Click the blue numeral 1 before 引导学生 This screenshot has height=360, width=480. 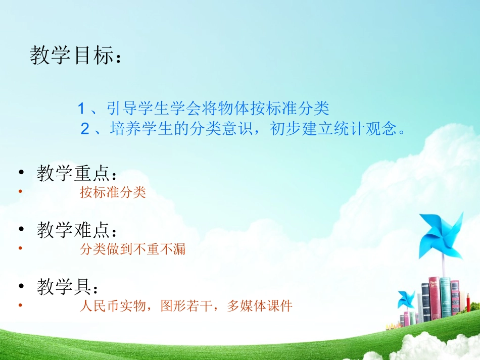click(81, 108)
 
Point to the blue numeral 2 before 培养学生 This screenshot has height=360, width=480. click(84, 129)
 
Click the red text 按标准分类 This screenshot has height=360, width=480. click(113, 192)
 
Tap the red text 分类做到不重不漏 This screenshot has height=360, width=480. click(133, 249)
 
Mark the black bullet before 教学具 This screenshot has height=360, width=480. click(21, 287)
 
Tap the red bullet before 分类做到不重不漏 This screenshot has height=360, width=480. click(20, 248)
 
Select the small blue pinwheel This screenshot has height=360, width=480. click(407, 298)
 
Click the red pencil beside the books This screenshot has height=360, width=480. click(468, 305)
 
